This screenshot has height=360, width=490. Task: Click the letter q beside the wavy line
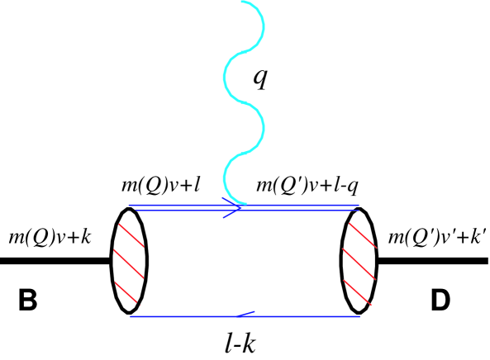coord(263,78)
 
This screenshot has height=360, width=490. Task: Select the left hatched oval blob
coord(130,260)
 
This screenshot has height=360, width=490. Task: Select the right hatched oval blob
coord(359,260)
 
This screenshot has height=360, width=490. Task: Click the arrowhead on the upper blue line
coord(234,207)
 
